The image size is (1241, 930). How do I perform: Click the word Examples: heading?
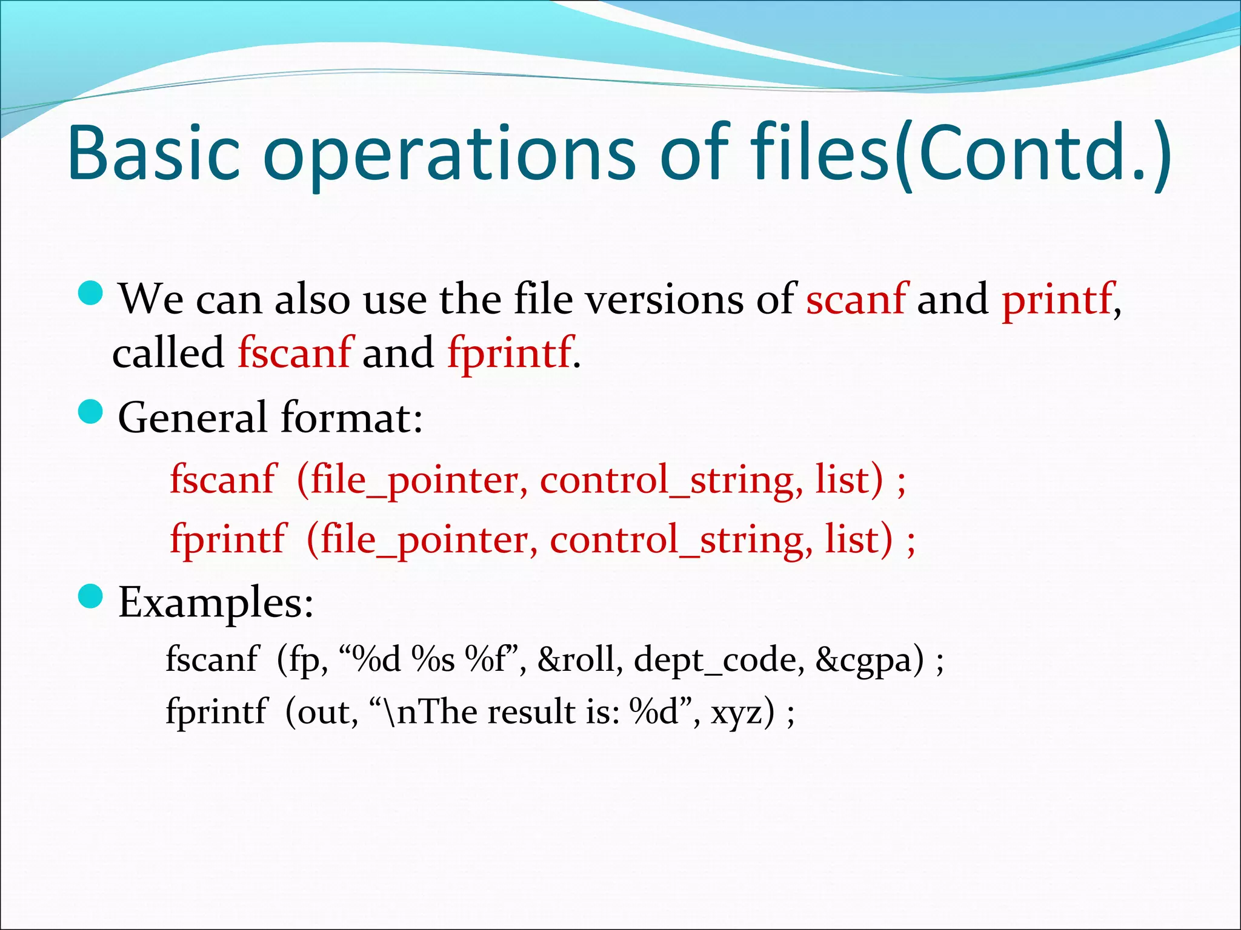(x=216, y=602)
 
